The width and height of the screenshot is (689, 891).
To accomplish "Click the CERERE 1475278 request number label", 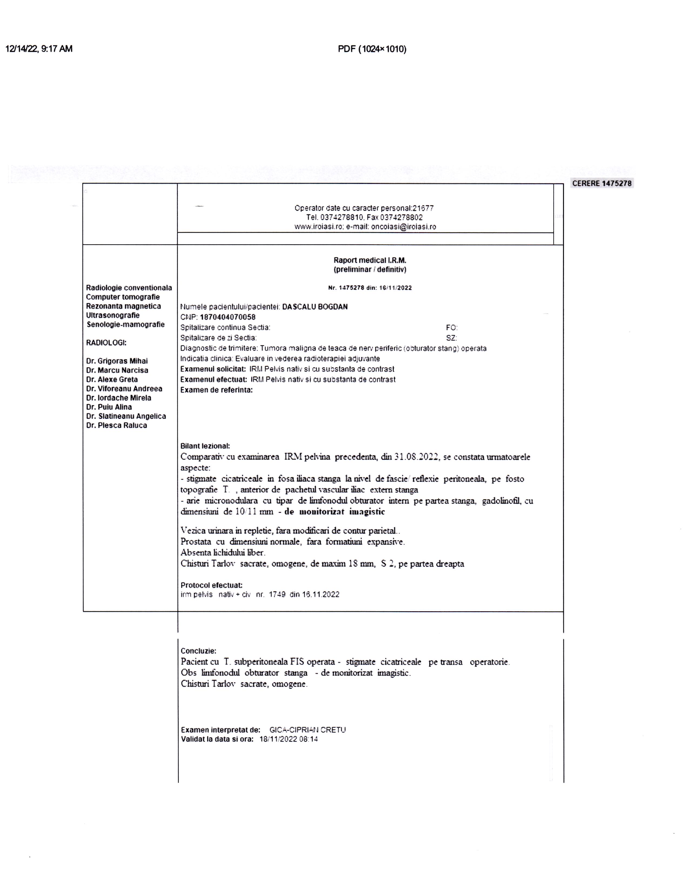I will coord(602,184).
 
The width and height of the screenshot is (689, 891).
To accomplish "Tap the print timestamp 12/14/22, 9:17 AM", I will coord(39,49).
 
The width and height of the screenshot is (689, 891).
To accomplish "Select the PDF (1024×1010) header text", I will coord(372,49).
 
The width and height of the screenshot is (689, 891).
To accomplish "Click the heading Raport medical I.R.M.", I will coord(370,260).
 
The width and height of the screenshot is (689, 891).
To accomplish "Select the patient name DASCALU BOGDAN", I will coord(315,307).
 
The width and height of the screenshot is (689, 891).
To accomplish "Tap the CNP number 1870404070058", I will coord(228,317).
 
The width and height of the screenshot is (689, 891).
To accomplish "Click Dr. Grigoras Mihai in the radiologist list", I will coord(117,361).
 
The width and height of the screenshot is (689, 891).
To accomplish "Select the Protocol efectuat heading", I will coord(212,585).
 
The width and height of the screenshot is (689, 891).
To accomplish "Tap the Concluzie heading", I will coord(198,651).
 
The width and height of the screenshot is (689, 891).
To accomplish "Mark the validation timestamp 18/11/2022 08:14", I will coord(289,739).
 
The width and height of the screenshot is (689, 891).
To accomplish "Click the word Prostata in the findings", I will coord(196,542).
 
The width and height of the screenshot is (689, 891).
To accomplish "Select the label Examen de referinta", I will coord(216,390).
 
